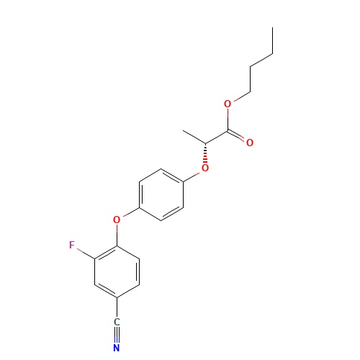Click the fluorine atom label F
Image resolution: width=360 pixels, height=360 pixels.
point(71,246)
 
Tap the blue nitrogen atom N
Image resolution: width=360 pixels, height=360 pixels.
point(117,348)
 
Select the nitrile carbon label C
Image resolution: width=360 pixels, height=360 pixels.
point(117,323)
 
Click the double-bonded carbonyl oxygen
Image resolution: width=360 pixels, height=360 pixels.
point(250,143)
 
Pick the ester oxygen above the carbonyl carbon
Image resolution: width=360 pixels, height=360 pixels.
point(228,104)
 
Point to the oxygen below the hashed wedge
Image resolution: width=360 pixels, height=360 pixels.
point(205,168)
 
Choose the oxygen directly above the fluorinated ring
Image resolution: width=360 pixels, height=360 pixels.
point(117,219)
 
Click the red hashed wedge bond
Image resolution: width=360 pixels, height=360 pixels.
point(205,153)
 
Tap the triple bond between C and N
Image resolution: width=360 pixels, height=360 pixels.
point(117,336)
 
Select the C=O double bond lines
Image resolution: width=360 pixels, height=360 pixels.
point(239,136)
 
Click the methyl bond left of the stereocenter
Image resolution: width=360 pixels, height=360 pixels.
point(194,136)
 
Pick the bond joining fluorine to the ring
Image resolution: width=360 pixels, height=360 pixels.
point(85,251)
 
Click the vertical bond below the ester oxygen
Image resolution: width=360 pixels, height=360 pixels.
point(228,117)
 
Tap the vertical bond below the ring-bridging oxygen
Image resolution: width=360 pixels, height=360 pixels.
point(117,234)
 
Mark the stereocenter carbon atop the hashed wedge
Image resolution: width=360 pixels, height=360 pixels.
point(205,142)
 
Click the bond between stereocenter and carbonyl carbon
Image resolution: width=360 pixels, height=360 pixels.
point(216,136)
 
